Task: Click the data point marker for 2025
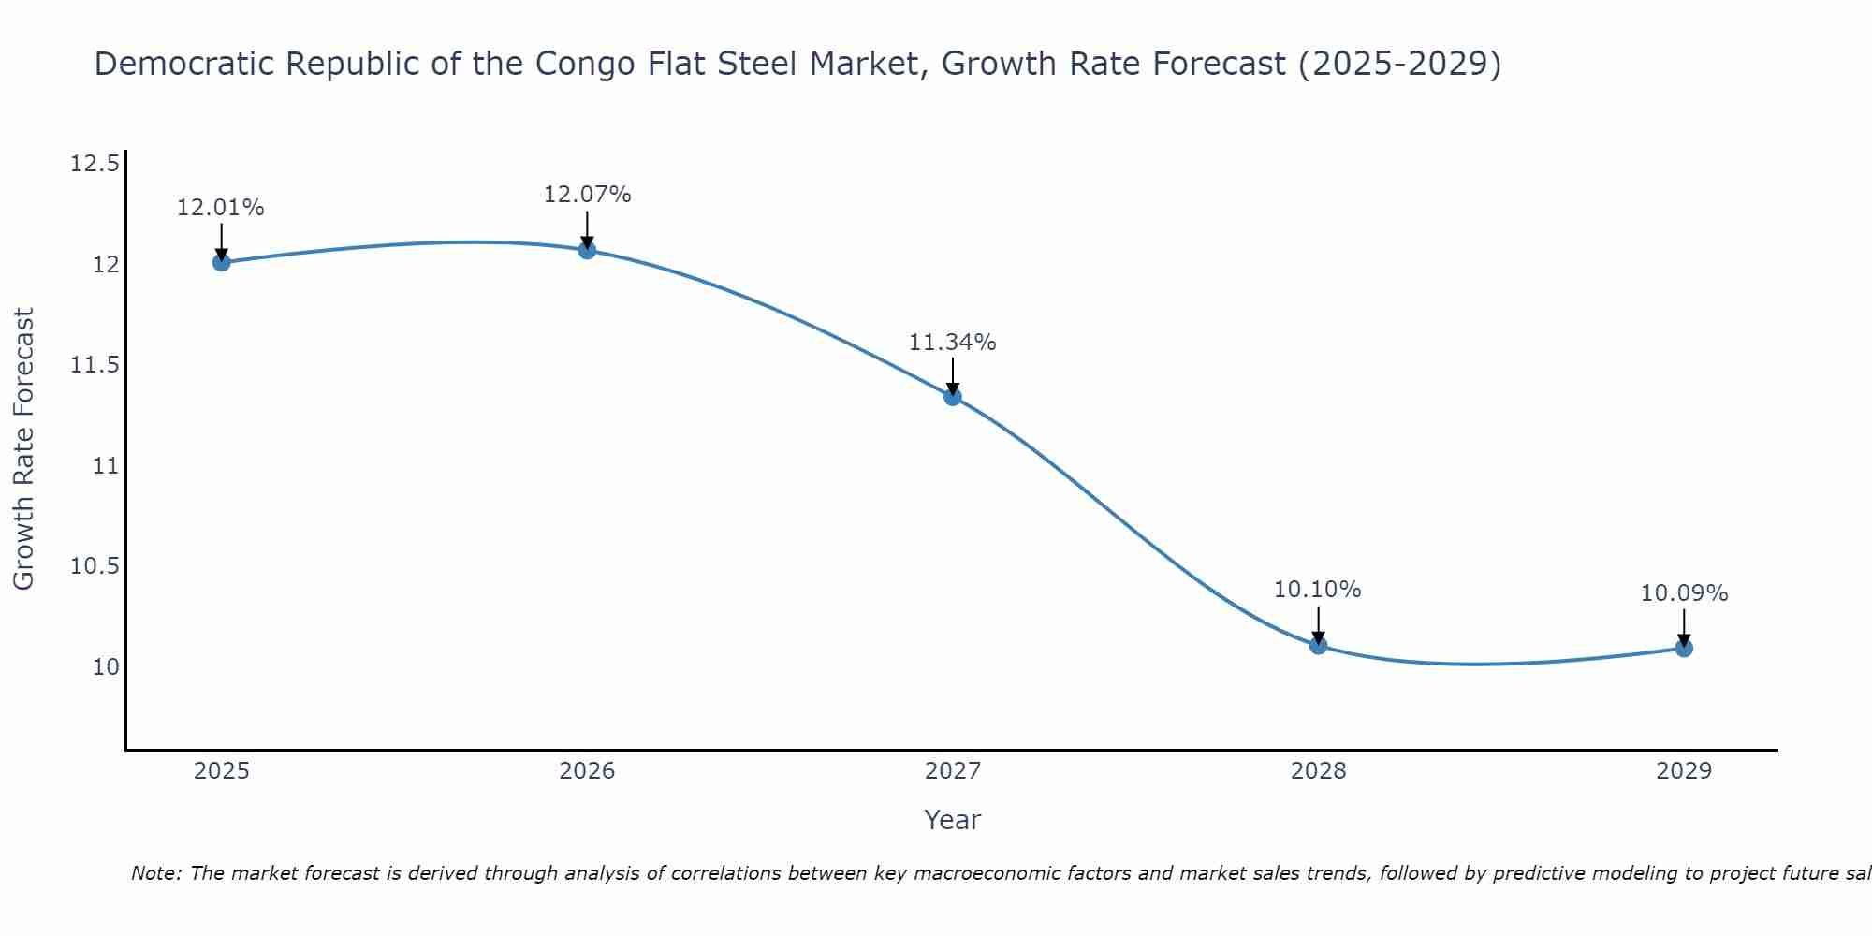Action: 222,262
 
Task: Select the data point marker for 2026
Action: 587,250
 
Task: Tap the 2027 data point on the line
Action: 953,397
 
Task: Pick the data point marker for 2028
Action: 1318,645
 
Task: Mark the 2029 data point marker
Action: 1684,648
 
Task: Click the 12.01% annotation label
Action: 221,208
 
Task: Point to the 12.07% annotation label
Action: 587,195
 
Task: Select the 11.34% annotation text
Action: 953,343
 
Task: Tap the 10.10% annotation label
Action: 1318,590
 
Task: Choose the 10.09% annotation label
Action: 1684,593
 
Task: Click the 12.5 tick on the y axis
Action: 95,165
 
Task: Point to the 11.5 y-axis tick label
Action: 95,365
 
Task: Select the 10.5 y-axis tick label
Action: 95,566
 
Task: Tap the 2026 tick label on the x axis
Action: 587,771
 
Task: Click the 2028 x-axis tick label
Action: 1318,771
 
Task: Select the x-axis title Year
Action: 952,820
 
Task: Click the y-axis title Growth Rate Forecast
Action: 24,448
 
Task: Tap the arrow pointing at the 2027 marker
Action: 953,376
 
